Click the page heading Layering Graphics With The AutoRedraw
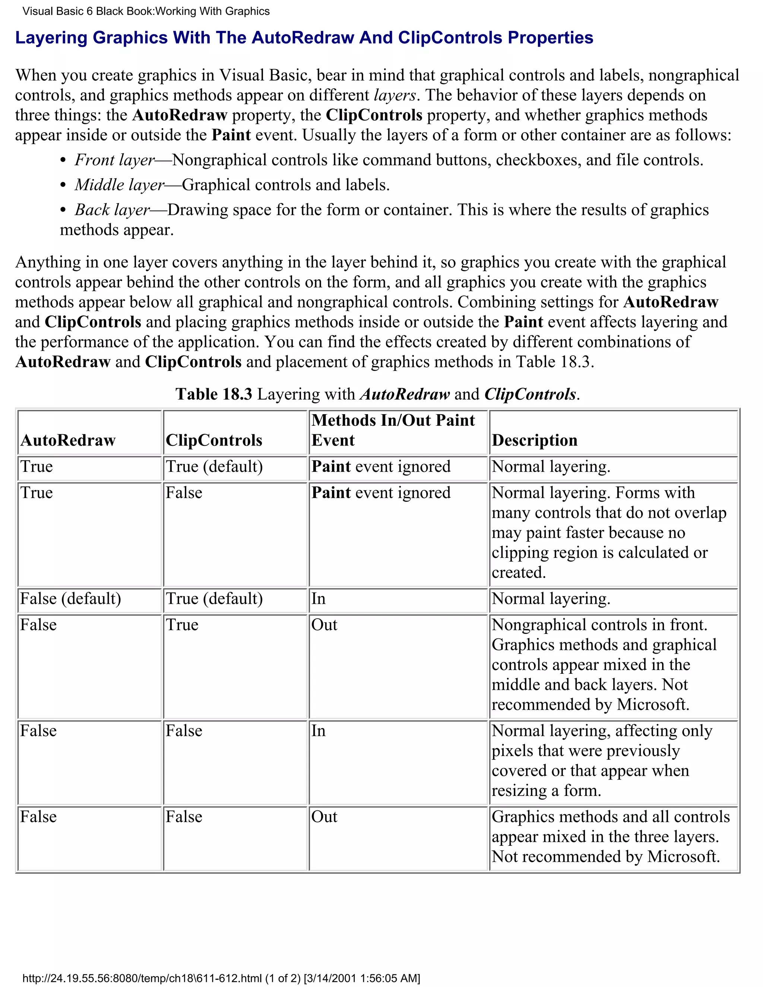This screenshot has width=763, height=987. pos(304,38)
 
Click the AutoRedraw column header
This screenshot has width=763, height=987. pos(68,440)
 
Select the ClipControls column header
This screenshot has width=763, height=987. pos(214,440)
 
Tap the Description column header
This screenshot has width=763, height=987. pos(534,440)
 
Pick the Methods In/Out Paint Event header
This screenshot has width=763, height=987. pos(392,430)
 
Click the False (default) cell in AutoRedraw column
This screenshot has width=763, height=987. pos(70,599)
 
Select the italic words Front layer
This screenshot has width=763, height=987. pos(115,160)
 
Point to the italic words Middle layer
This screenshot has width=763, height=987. pos(119,185)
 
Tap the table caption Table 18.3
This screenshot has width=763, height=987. pos(213,394)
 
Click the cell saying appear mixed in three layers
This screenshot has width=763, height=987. pos(610,837)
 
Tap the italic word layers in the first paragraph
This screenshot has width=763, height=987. pos(395,95)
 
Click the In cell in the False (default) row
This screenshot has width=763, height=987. pos(318,599)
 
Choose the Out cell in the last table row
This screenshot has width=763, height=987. pos(324,817)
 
